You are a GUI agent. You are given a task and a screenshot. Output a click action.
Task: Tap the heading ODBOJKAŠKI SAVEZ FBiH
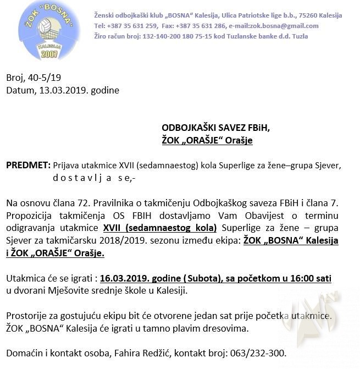pos(215,128)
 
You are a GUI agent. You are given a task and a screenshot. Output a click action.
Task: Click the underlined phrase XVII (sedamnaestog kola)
pos(159,227)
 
